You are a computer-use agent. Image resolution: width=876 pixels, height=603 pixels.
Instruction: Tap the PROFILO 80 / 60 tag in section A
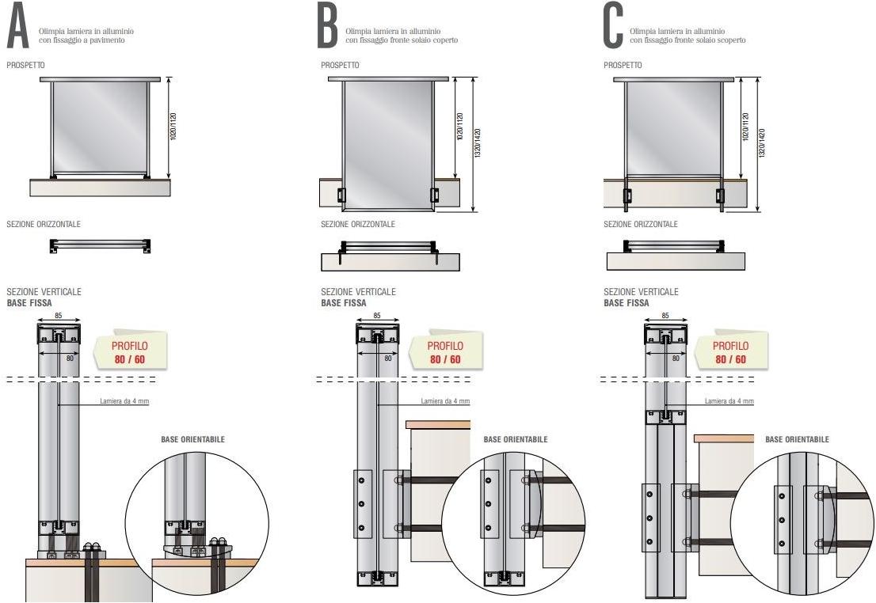pos(129,352)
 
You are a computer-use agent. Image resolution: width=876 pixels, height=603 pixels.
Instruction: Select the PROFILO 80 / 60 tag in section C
pos(729,352)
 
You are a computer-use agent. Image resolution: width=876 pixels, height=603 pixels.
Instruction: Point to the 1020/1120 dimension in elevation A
pos(173,127)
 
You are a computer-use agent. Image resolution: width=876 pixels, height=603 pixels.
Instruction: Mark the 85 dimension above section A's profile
pos(59,316)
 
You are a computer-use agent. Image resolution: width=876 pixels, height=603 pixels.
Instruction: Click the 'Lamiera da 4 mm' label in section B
pos(445,401)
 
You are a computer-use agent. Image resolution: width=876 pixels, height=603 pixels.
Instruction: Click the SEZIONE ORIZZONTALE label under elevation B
pos(358,224)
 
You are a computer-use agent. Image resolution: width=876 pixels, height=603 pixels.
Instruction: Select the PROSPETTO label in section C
pos(623,65)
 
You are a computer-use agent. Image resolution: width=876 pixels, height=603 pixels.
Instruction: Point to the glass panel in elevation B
pos(387,142)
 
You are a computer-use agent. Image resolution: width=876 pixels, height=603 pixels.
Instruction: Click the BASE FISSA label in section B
pos(344,302)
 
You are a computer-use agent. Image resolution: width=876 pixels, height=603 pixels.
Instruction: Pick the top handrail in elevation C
pos(673,79)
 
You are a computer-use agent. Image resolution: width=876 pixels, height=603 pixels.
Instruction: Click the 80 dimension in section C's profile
pos(676,358)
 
